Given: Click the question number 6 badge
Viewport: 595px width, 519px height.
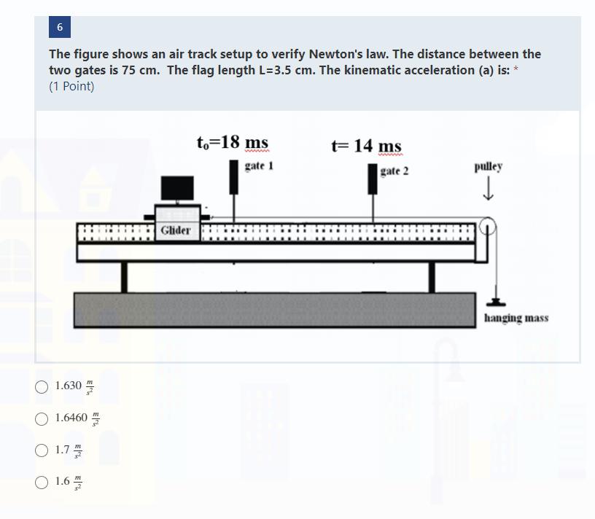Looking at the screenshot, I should (60, 27).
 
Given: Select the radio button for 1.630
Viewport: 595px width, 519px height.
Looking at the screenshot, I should (42, 386).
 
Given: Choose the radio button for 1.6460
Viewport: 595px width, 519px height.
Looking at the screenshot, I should (42, 418).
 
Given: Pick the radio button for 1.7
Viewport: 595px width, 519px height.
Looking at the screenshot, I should (42, 450).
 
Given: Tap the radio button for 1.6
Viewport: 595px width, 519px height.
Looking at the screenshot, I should (42, 482).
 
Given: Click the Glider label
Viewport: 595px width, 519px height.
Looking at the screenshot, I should (175, 230).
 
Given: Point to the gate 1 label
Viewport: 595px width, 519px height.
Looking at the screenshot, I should (259, 166).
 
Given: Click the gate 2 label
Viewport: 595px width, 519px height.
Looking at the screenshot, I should (394, 171).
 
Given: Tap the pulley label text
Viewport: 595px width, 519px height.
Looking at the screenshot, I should (488, 166).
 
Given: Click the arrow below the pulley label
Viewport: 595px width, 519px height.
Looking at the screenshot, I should (488, 191).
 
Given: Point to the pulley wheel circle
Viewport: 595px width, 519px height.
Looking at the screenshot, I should (488, 227).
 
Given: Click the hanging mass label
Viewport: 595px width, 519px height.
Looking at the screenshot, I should (516, 318).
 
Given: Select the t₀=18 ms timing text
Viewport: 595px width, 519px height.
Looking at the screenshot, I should (233, 141).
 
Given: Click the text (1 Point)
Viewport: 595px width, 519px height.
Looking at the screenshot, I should (71, 87).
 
